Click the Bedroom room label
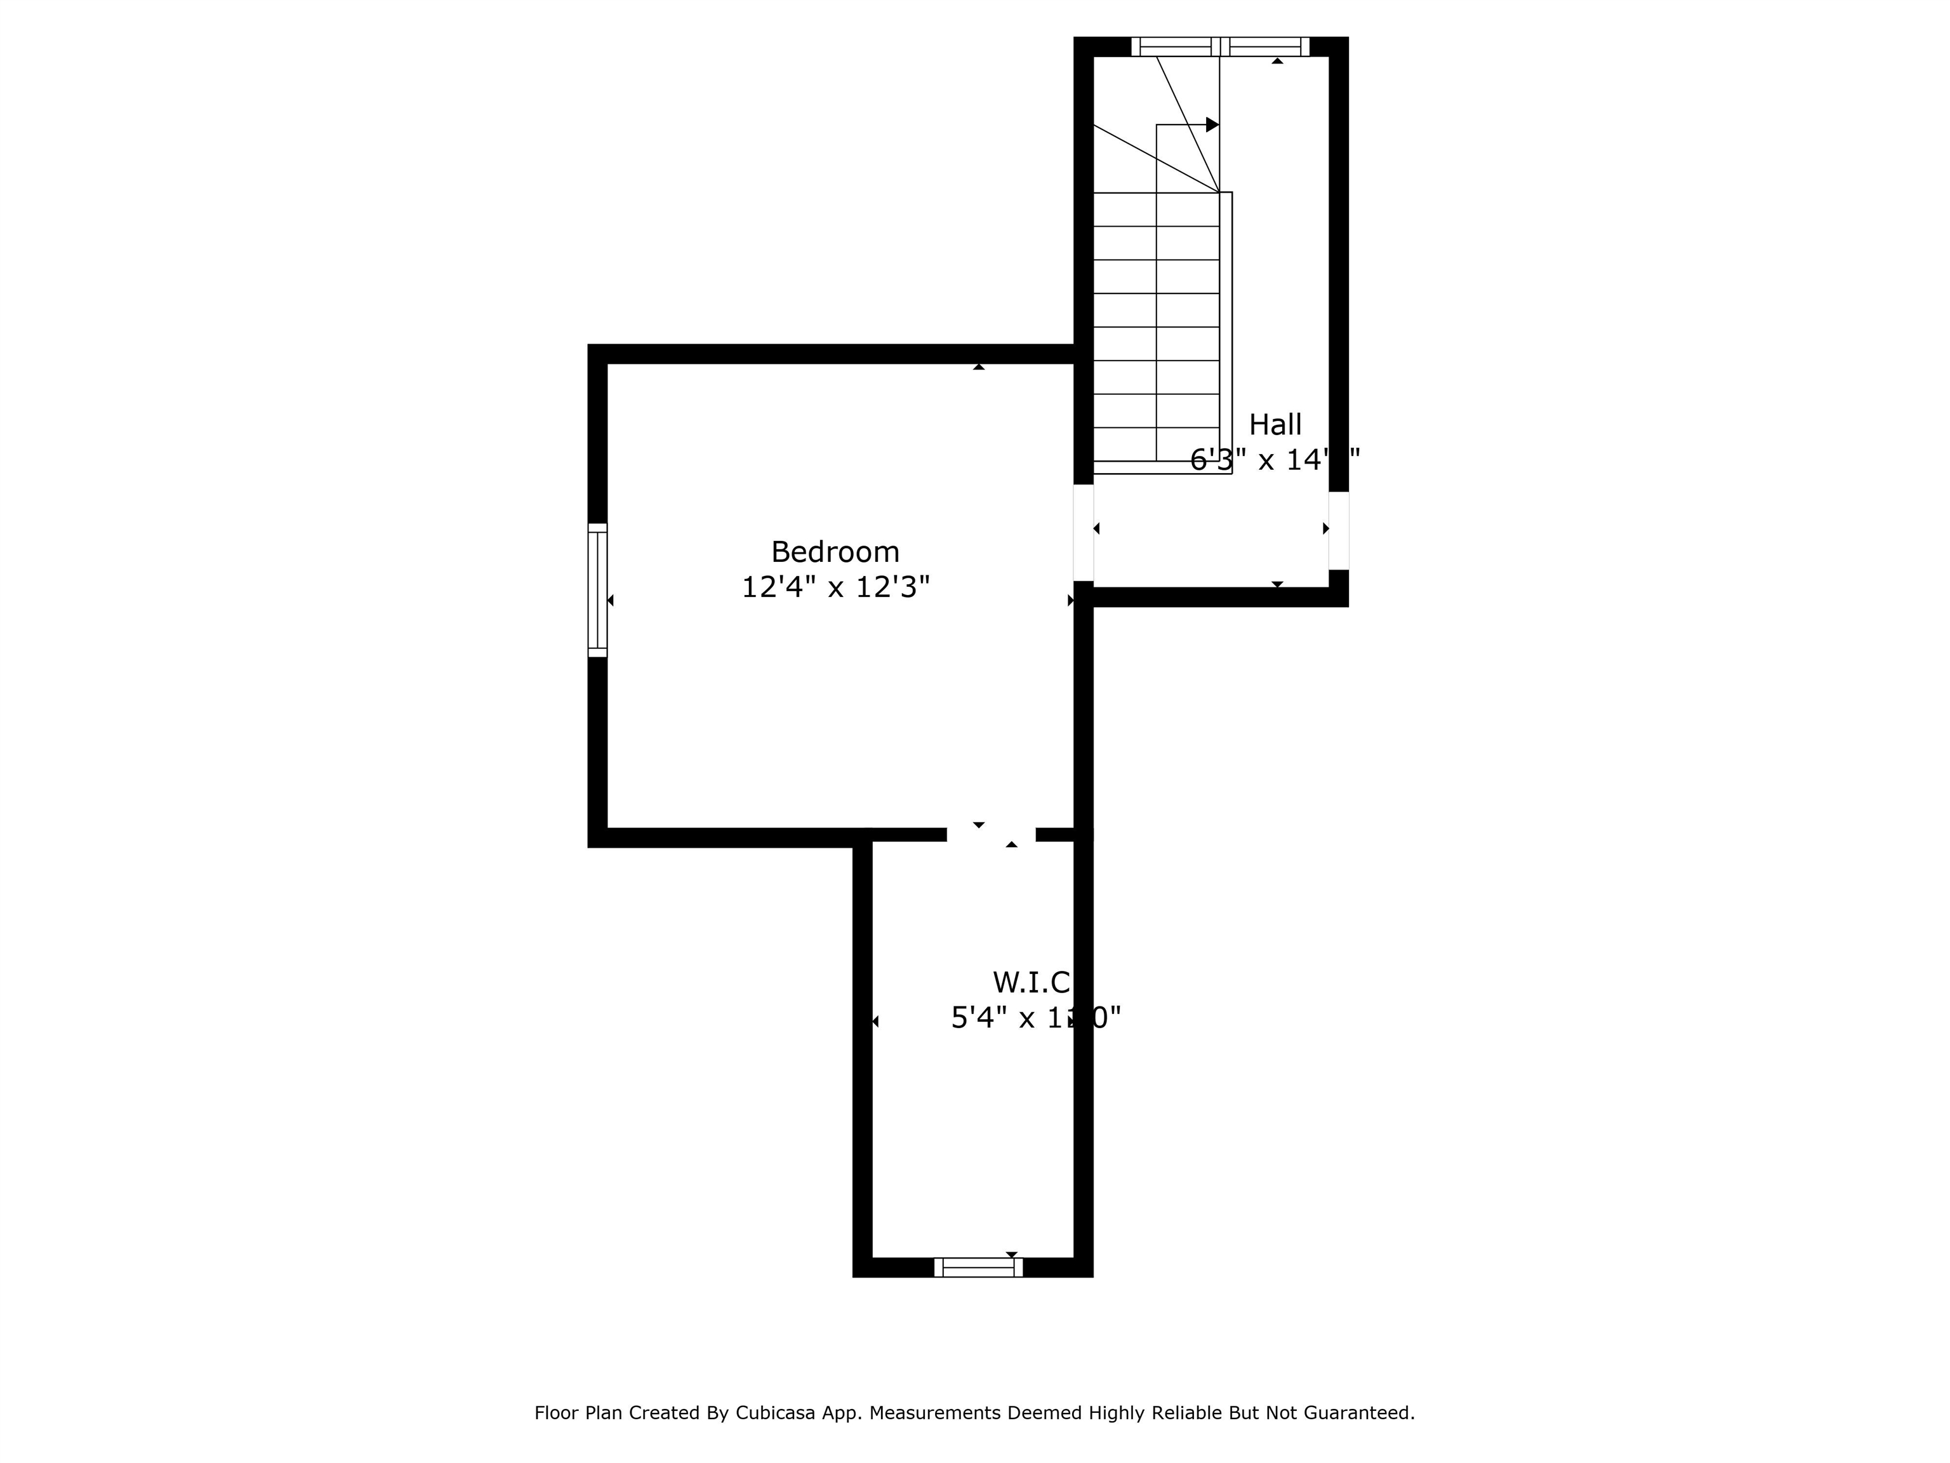(x=835, y=552)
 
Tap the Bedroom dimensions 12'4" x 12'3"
(x=835, y=587)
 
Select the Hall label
(x=1275, y=425)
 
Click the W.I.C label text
(x=1030, y=982)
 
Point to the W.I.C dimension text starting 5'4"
(x=1035, y=1019)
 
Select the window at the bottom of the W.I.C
(x=978, y=1267)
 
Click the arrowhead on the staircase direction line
(x=1212, y=125)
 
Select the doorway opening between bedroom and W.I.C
(x=991, y=834)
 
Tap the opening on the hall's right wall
(x=1338, y=530)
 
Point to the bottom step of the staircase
(x=1156, y=444)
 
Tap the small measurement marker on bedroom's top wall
(x=979, y=366)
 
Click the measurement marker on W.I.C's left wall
(x=875, y=1021)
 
